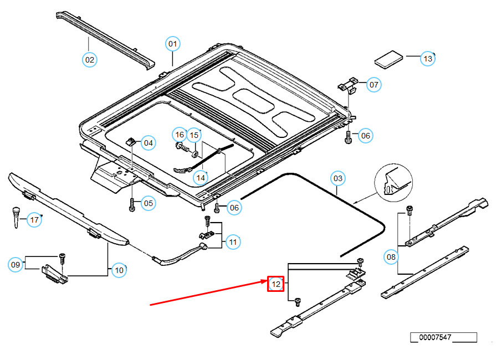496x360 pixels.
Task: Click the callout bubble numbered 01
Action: tap(173, 44)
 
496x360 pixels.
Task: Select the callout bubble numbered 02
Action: tap(90, 59)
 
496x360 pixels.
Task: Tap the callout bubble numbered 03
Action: tap(338, 178)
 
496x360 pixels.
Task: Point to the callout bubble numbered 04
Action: tap(149, 143)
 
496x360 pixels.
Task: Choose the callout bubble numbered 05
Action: tap(148, 203)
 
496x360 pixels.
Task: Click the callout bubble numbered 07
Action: tap(374, 85)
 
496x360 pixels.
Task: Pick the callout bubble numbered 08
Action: tap(392, 256)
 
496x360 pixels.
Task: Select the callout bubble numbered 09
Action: tap(16, 265)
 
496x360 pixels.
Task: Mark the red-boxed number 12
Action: tap(276, 285)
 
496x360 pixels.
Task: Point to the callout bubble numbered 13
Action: tap(427, 58)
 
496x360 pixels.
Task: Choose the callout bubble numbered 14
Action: tap(201, 177)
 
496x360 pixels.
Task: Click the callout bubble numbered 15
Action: tap(194, 135)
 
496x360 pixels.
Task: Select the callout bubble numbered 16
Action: tap(179, 134)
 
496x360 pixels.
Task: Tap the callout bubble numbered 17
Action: tap(35, 220)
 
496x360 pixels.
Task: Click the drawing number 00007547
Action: tap(443, 337)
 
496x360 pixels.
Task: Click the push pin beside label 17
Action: tap(16, 215)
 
